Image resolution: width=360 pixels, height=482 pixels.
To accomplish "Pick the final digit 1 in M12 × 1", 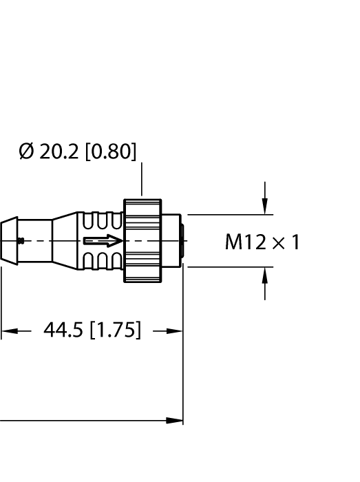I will pos(295,242).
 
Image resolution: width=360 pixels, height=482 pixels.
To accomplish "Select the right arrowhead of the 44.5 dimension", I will pos(177,331).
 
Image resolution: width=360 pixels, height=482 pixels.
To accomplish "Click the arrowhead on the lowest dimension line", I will pos(177,420).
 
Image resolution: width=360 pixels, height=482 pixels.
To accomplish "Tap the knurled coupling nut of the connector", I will pos(142,241).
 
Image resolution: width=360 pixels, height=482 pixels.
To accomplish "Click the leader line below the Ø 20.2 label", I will pos(141,180).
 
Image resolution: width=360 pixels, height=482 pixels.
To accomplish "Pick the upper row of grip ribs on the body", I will pos(102,222).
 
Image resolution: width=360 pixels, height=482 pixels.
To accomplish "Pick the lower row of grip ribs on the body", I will pos(102,260).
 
